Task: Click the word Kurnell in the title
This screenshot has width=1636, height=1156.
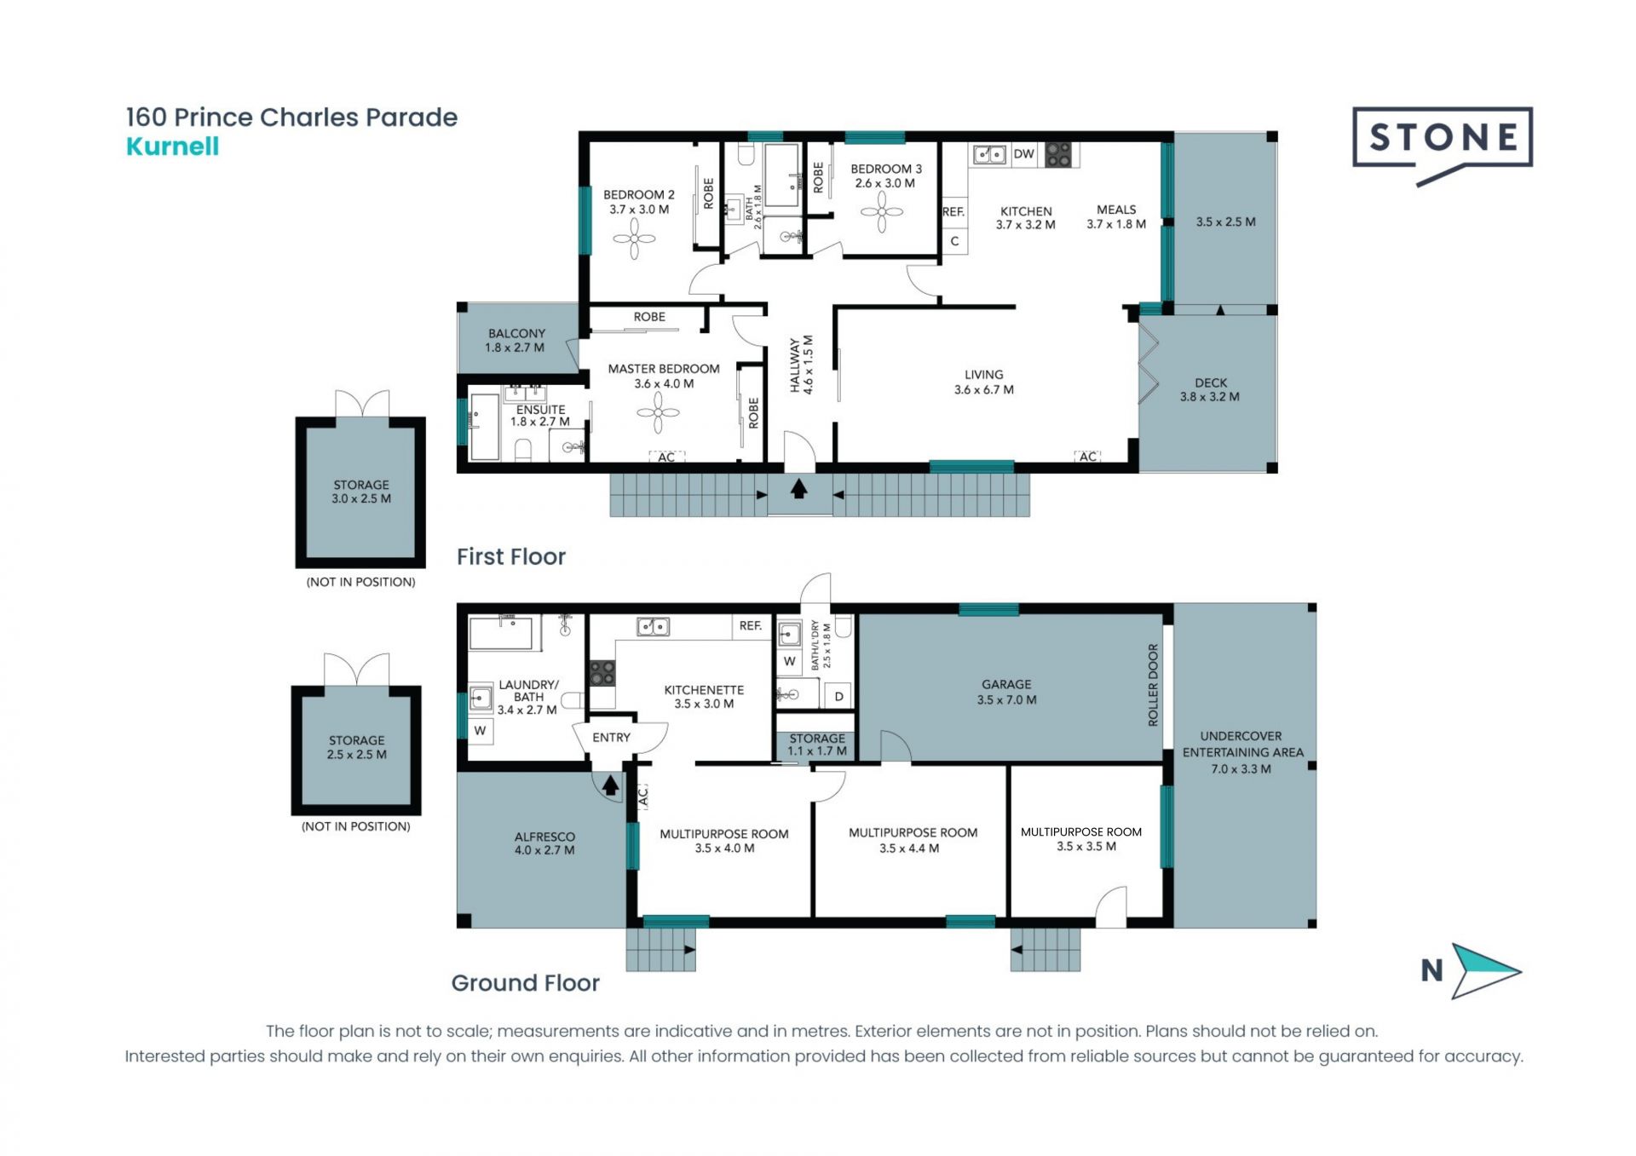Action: tap(172, 147)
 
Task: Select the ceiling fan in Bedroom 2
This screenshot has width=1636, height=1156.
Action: tap(634, 239)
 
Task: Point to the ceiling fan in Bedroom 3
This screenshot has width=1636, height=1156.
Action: tap(882, 211)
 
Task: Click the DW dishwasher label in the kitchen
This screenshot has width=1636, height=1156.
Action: tap(1023, 154)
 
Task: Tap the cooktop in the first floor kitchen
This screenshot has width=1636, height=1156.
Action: tap(1058, 154)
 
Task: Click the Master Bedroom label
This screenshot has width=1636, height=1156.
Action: tap(664, 369)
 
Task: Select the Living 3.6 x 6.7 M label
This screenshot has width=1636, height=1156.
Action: tap(984, 382)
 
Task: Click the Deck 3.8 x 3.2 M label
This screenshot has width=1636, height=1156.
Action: tap(1210, 389)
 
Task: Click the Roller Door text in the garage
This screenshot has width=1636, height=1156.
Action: tap(1153, 685)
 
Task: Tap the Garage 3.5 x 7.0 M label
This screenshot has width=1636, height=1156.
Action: tap(1006, 692)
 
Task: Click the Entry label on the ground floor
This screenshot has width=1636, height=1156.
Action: tap(611, 738)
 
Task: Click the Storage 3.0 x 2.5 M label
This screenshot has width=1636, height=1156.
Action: tap(361, 492)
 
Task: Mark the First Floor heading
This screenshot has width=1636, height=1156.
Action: tap(511, 556)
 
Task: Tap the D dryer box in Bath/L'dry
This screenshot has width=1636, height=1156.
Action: tap(838, 696)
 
